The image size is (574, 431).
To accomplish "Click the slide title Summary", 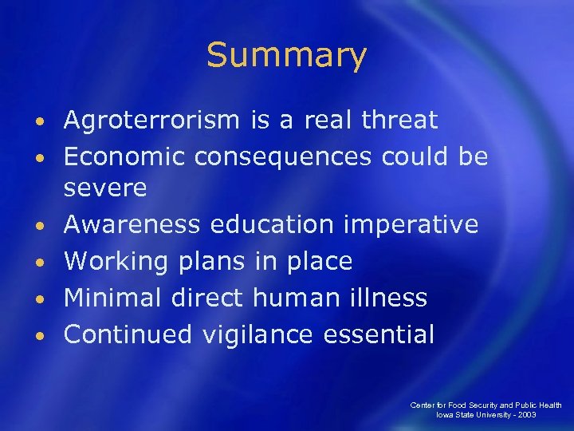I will [286, 56].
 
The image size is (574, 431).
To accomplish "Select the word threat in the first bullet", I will [399, 121].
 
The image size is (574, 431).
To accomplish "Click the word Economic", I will [123, 157].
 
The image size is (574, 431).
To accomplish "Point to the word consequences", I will [282, 157].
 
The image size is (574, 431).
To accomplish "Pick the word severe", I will [105, 188].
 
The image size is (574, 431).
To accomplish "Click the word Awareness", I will [132, 225].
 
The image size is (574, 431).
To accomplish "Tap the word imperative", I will [411, 225].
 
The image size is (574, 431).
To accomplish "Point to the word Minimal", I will [115, 298].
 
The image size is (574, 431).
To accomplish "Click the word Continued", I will [128, 334].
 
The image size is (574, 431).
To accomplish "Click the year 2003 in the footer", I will [525, 415].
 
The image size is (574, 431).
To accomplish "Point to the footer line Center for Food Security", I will [486, 405].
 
